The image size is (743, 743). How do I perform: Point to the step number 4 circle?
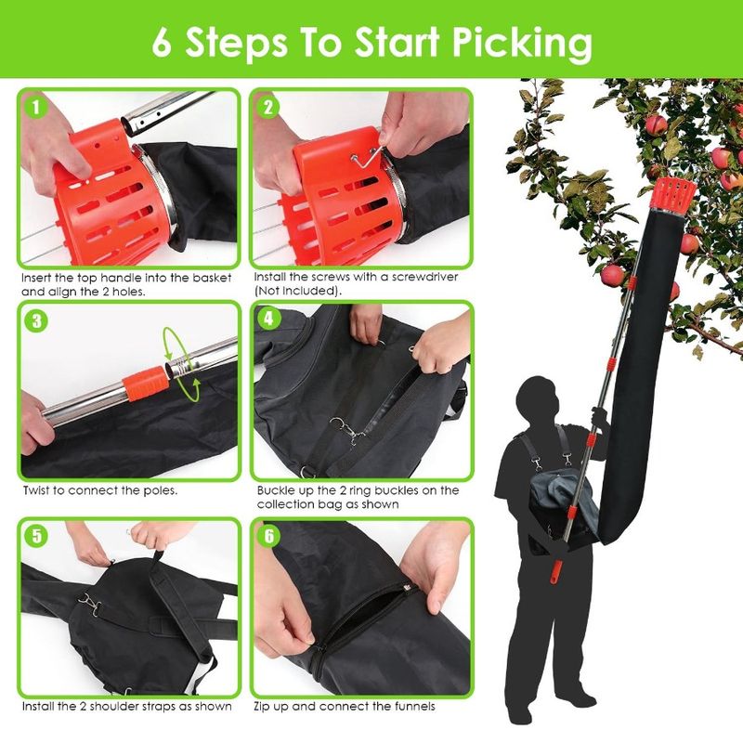pyautogui.click(x=268, y=319)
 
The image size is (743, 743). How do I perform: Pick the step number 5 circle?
pyautogui.click(x=35, y=536)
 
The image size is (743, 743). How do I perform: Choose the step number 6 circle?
pyautogui.click(x=268, y=536)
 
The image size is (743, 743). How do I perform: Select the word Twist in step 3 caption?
pyautogui.click(x=38, y=490)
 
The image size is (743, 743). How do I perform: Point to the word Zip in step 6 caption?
pyautogui.click(x=266, y=706)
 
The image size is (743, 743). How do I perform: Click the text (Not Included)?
pyautogui.click(x=297, y=290)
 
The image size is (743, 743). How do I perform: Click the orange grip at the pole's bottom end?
pyautogui.click(x=554, y=567)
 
